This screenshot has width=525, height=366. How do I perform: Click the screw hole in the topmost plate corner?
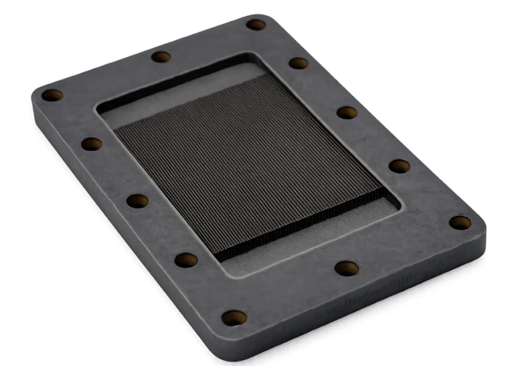[x=256, y=25]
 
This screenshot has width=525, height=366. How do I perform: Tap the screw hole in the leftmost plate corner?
[x=52, y=95]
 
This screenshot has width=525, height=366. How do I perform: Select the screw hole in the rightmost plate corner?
[x=460, y=222]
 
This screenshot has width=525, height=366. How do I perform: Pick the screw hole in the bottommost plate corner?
[x=234, y=318]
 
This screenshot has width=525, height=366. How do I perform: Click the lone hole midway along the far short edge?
[x=161, y=56]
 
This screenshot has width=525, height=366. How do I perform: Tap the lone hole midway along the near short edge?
[x=346, y=268]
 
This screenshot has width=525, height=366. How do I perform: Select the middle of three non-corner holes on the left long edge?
[x=137, y=201]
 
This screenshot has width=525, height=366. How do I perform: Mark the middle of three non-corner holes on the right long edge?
[x=347, y=112]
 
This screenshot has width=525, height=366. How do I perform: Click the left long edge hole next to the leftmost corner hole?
[x=92, y=144]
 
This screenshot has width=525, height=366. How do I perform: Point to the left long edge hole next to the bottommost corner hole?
[x=186, y=260]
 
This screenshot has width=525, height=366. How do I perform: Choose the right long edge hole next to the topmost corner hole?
[x=299, y=63]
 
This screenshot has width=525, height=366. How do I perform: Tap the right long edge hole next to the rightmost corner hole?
[x=399, y=165]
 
